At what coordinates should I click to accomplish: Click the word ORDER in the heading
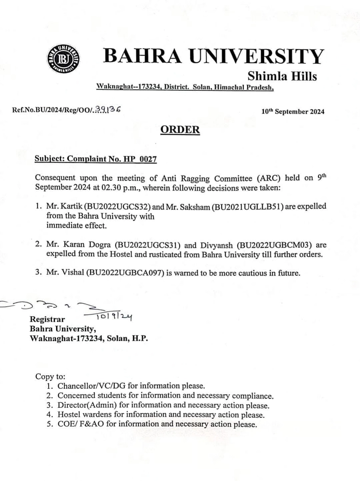180,130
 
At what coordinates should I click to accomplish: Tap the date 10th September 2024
293,112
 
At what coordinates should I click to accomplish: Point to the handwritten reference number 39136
108,109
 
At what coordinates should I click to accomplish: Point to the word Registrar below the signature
47,319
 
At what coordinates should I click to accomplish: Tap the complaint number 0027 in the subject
148,159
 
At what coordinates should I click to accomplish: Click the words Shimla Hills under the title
282,76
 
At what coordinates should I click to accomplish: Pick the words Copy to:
50,377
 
